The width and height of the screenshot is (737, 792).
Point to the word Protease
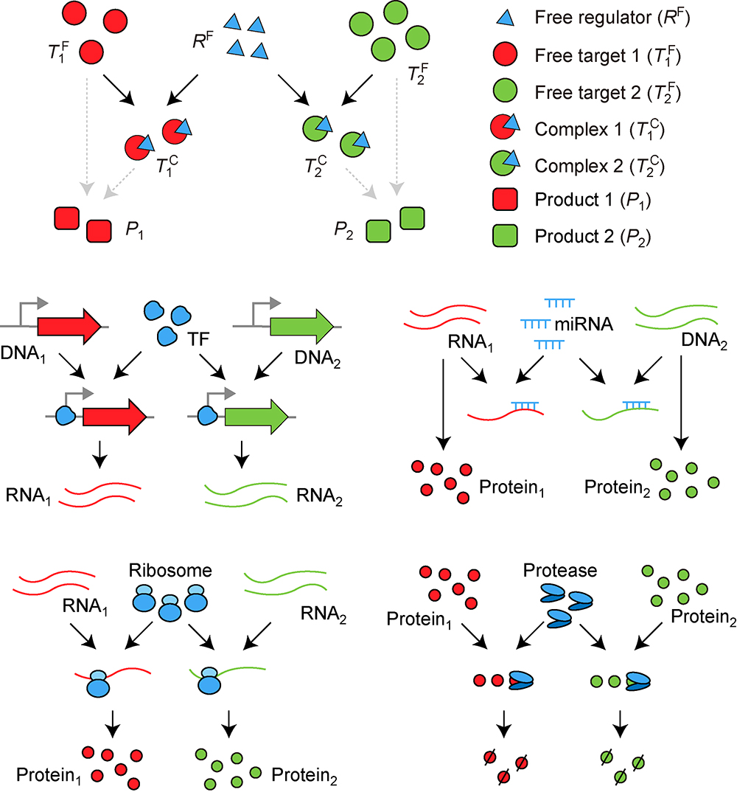pyautogui.click(x=551, y=572)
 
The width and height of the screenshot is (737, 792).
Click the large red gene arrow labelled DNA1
pyautogui.click(x=69, y=324)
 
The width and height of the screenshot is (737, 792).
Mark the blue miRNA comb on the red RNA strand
pyautogui.click(x=523, y=406)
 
